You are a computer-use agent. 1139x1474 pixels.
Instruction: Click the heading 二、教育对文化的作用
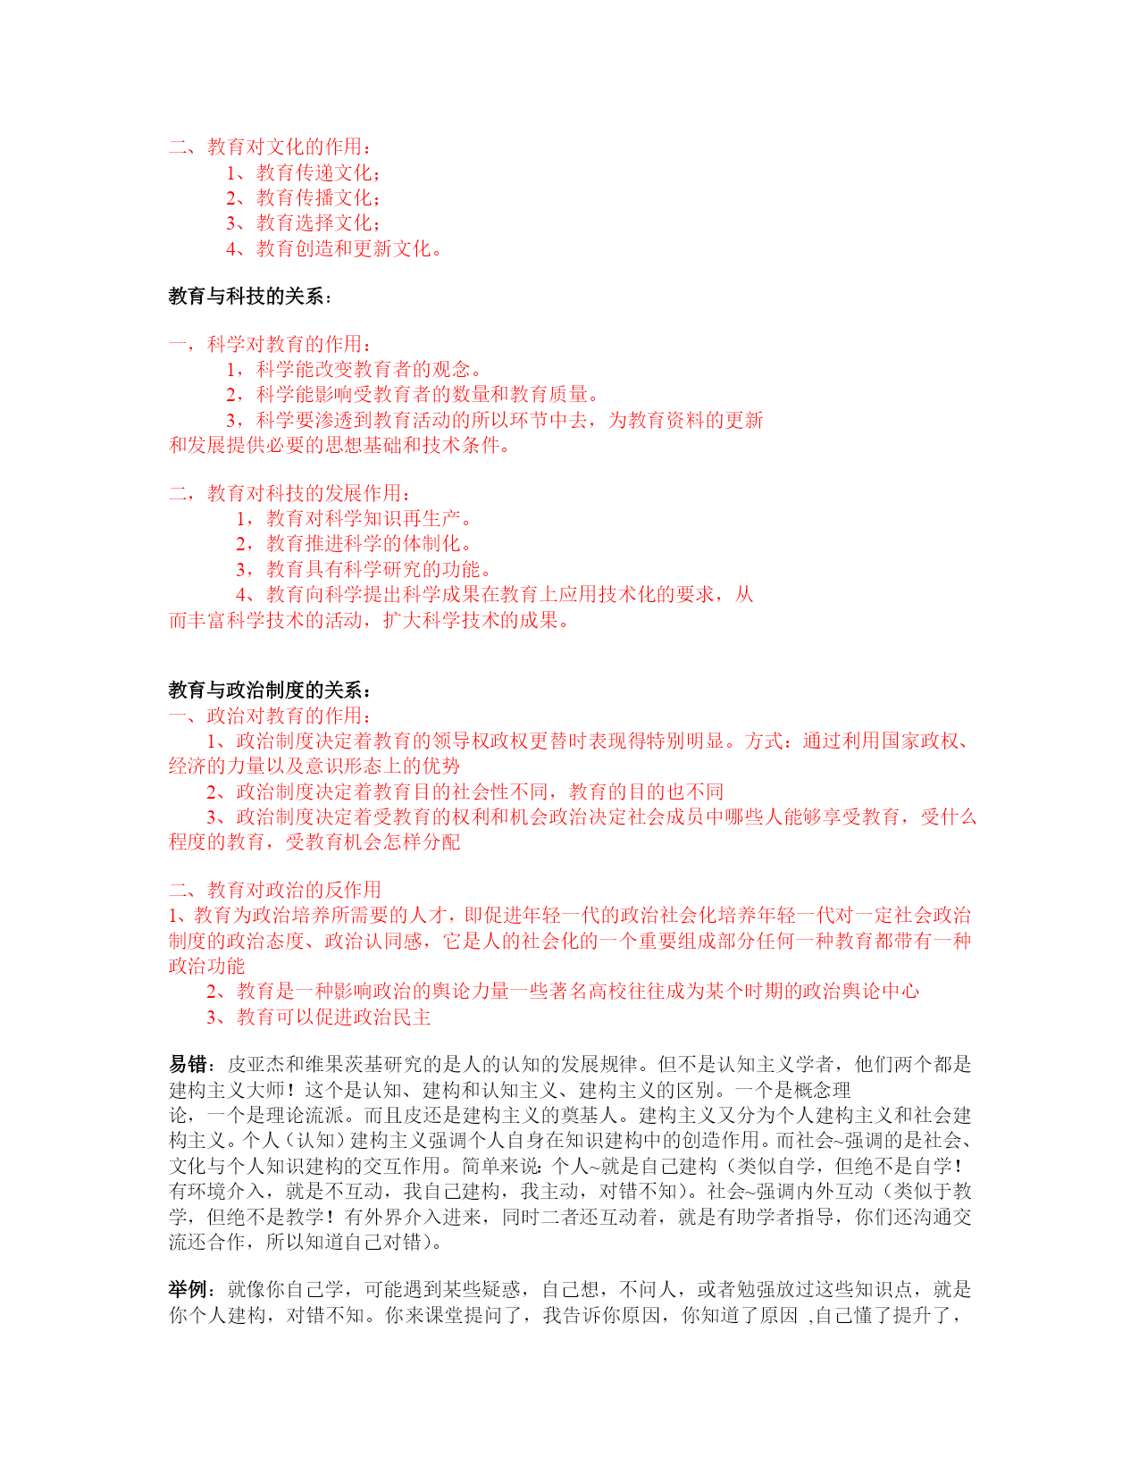[x=271, y=147]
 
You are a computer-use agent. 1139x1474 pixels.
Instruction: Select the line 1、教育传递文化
[x=304, y=172]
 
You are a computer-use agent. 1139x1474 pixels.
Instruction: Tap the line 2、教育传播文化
[x=304, y=197]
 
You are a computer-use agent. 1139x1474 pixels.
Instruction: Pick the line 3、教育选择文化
[x=304, y=222]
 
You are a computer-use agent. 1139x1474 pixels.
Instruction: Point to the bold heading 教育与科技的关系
[x=249, y=296]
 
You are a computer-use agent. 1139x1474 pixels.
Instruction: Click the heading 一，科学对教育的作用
[x=271, y=344]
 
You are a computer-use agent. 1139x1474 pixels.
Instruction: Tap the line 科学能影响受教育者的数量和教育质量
[x=412, y=394]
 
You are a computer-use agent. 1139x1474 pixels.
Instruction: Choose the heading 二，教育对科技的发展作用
[x=291, y=493]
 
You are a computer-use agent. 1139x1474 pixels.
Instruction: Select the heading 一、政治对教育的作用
[x=271, y=716]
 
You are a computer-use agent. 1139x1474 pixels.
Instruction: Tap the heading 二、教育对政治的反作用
[x=275, y=890]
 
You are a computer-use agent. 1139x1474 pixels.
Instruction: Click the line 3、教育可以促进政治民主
[x=319, y=1017]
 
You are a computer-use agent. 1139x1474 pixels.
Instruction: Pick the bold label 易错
[x=188, y=1064]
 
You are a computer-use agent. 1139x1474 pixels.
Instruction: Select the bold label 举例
[x=188, y=1289]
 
